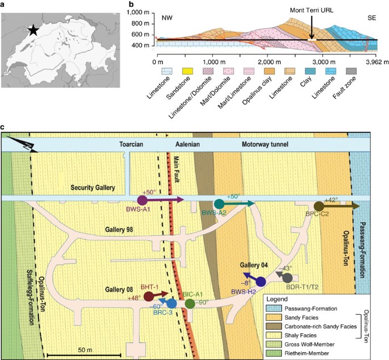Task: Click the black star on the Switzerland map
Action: pyautogui.click(x=34, y=31)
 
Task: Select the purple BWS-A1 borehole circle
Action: pyautogui.click(x=142, y=200)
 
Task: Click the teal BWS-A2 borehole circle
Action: pyautogui.click(x=219, y=203)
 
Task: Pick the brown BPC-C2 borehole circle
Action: pyautogui.click(x=319, y=206)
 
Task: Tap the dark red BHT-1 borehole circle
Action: pyautogui.click(x=149, y=296)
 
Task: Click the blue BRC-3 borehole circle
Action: pyautogui.click(x=172, y=304)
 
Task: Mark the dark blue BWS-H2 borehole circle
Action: pyautogui.click(x=261, y=281)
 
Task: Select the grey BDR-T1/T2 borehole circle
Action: pyautogui.click(x=287, y=278)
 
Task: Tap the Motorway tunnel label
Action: pyautogui.click(x=257, y=145)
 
